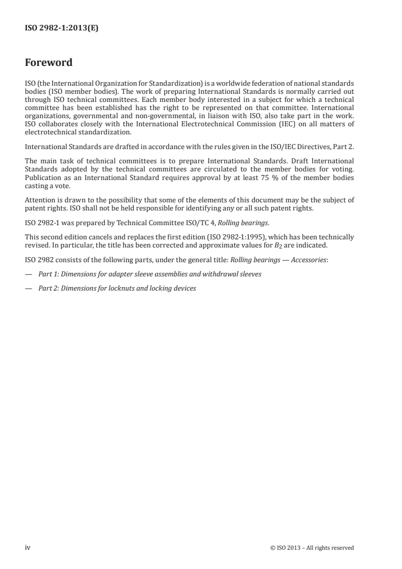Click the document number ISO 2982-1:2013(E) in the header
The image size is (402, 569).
point(61,29)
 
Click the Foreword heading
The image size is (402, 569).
point(49,63)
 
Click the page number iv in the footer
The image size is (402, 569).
point(27,547)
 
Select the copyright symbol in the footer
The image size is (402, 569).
point(273,548)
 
